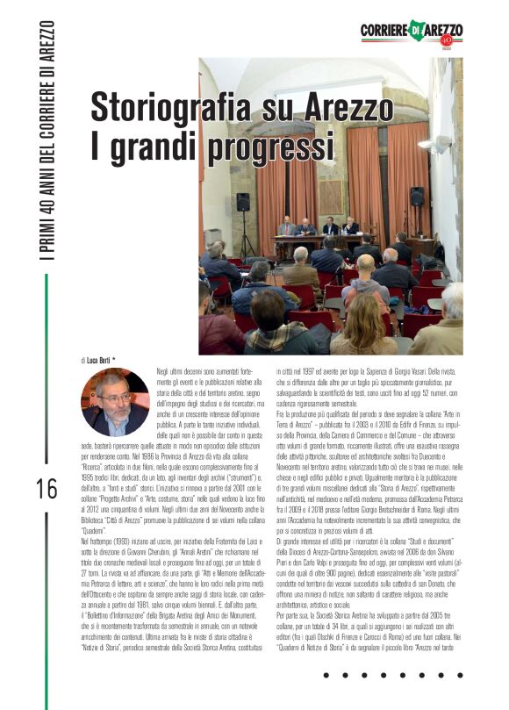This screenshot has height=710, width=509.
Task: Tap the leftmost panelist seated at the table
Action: point(286,226)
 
